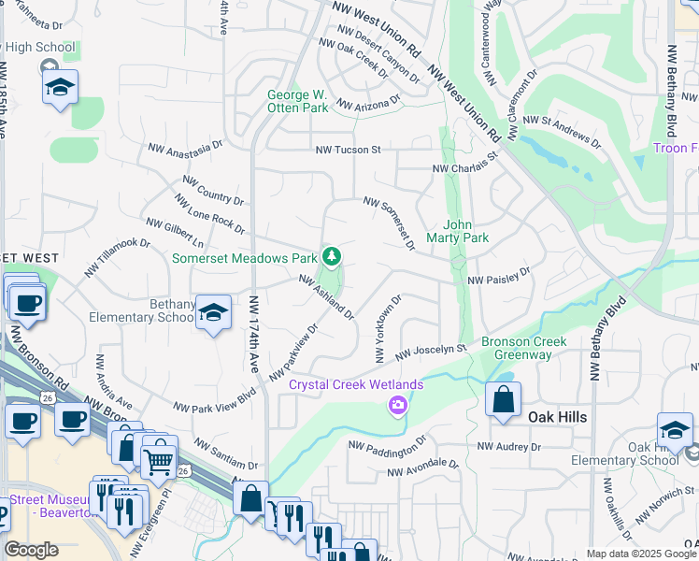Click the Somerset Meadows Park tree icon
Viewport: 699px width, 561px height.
tap(330, 256)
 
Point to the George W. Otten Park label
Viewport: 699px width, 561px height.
tap(298, 101)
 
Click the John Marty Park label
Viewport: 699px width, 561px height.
tap(465, 231)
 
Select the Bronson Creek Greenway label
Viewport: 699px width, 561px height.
tap(523, 348)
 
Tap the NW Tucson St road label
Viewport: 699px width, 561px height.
tap(349, 150)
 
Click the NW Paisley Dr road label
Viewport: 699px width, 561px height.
tap(499, 280)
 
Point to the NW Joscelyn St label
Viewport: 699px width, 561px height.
tap(430, 352)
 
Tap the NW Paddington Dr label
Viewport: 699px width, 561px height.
tap(387, 443)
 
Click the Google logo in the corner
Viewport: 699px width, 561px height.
tap(31, 550)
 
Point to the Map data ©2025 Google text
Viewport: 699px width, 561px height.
tap(641, 554)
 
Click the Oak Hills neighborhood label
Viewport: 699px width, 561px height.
tap(558, 417)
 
